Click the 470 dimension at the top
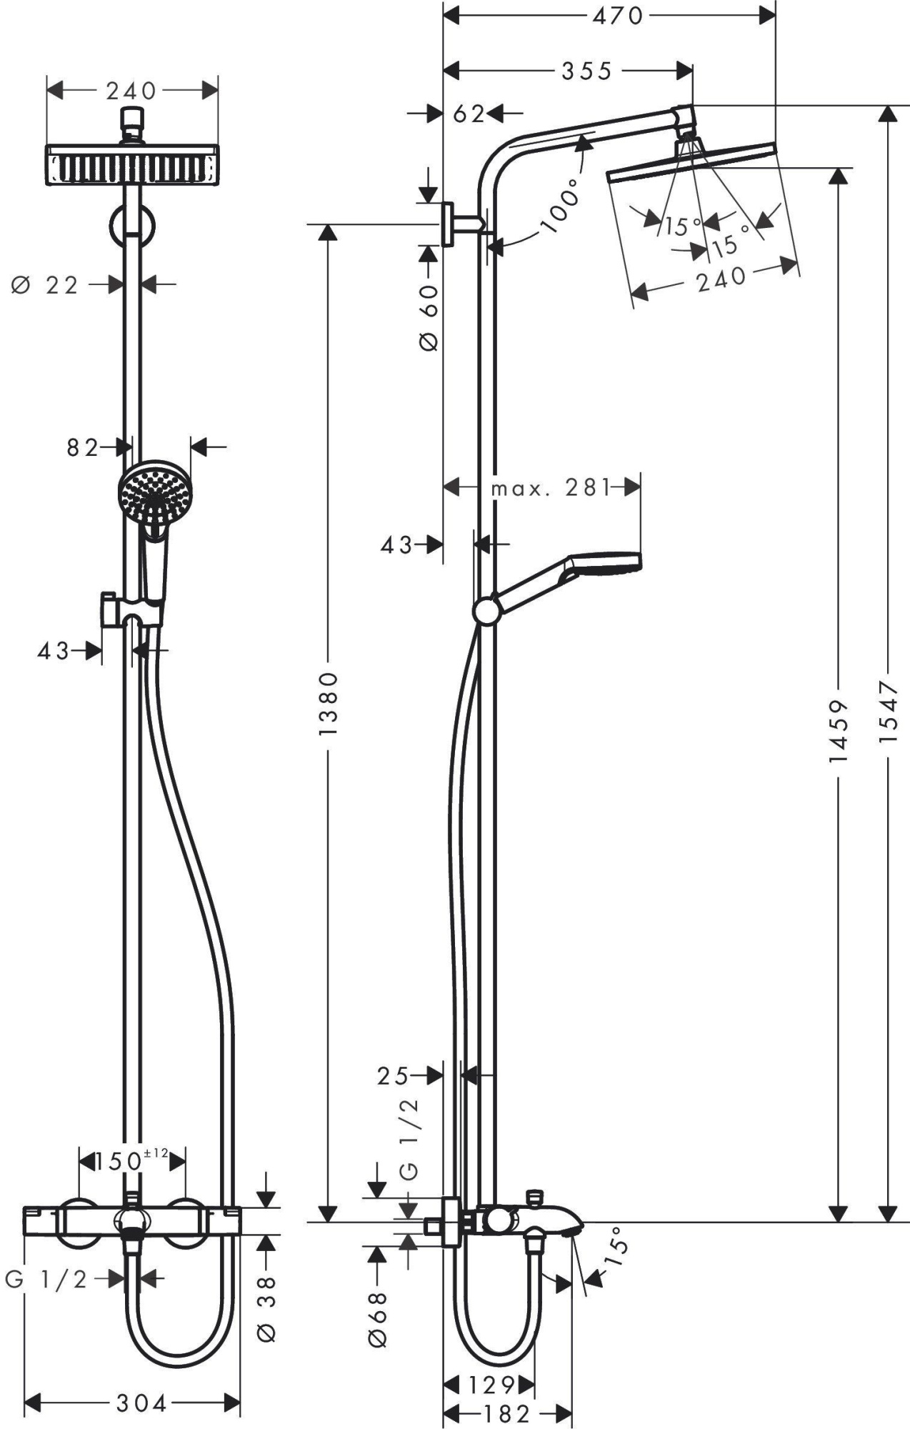point(618,15)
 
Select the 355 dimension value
point(586,70)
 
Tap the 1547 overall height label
point(887,712)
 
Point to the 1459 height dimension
point(839,730)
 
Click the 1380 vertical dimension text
point(328,704)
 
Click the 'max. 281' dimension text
point(551,489)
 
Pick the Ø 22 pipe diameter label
point(45,286)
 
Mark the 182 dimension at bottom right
point(507,1413)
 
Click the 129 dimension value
point(491,1385)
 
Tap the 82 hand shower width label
point(82,448)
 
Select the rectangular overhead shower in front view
point(132,166)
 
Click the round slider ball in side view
point(487,612)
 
